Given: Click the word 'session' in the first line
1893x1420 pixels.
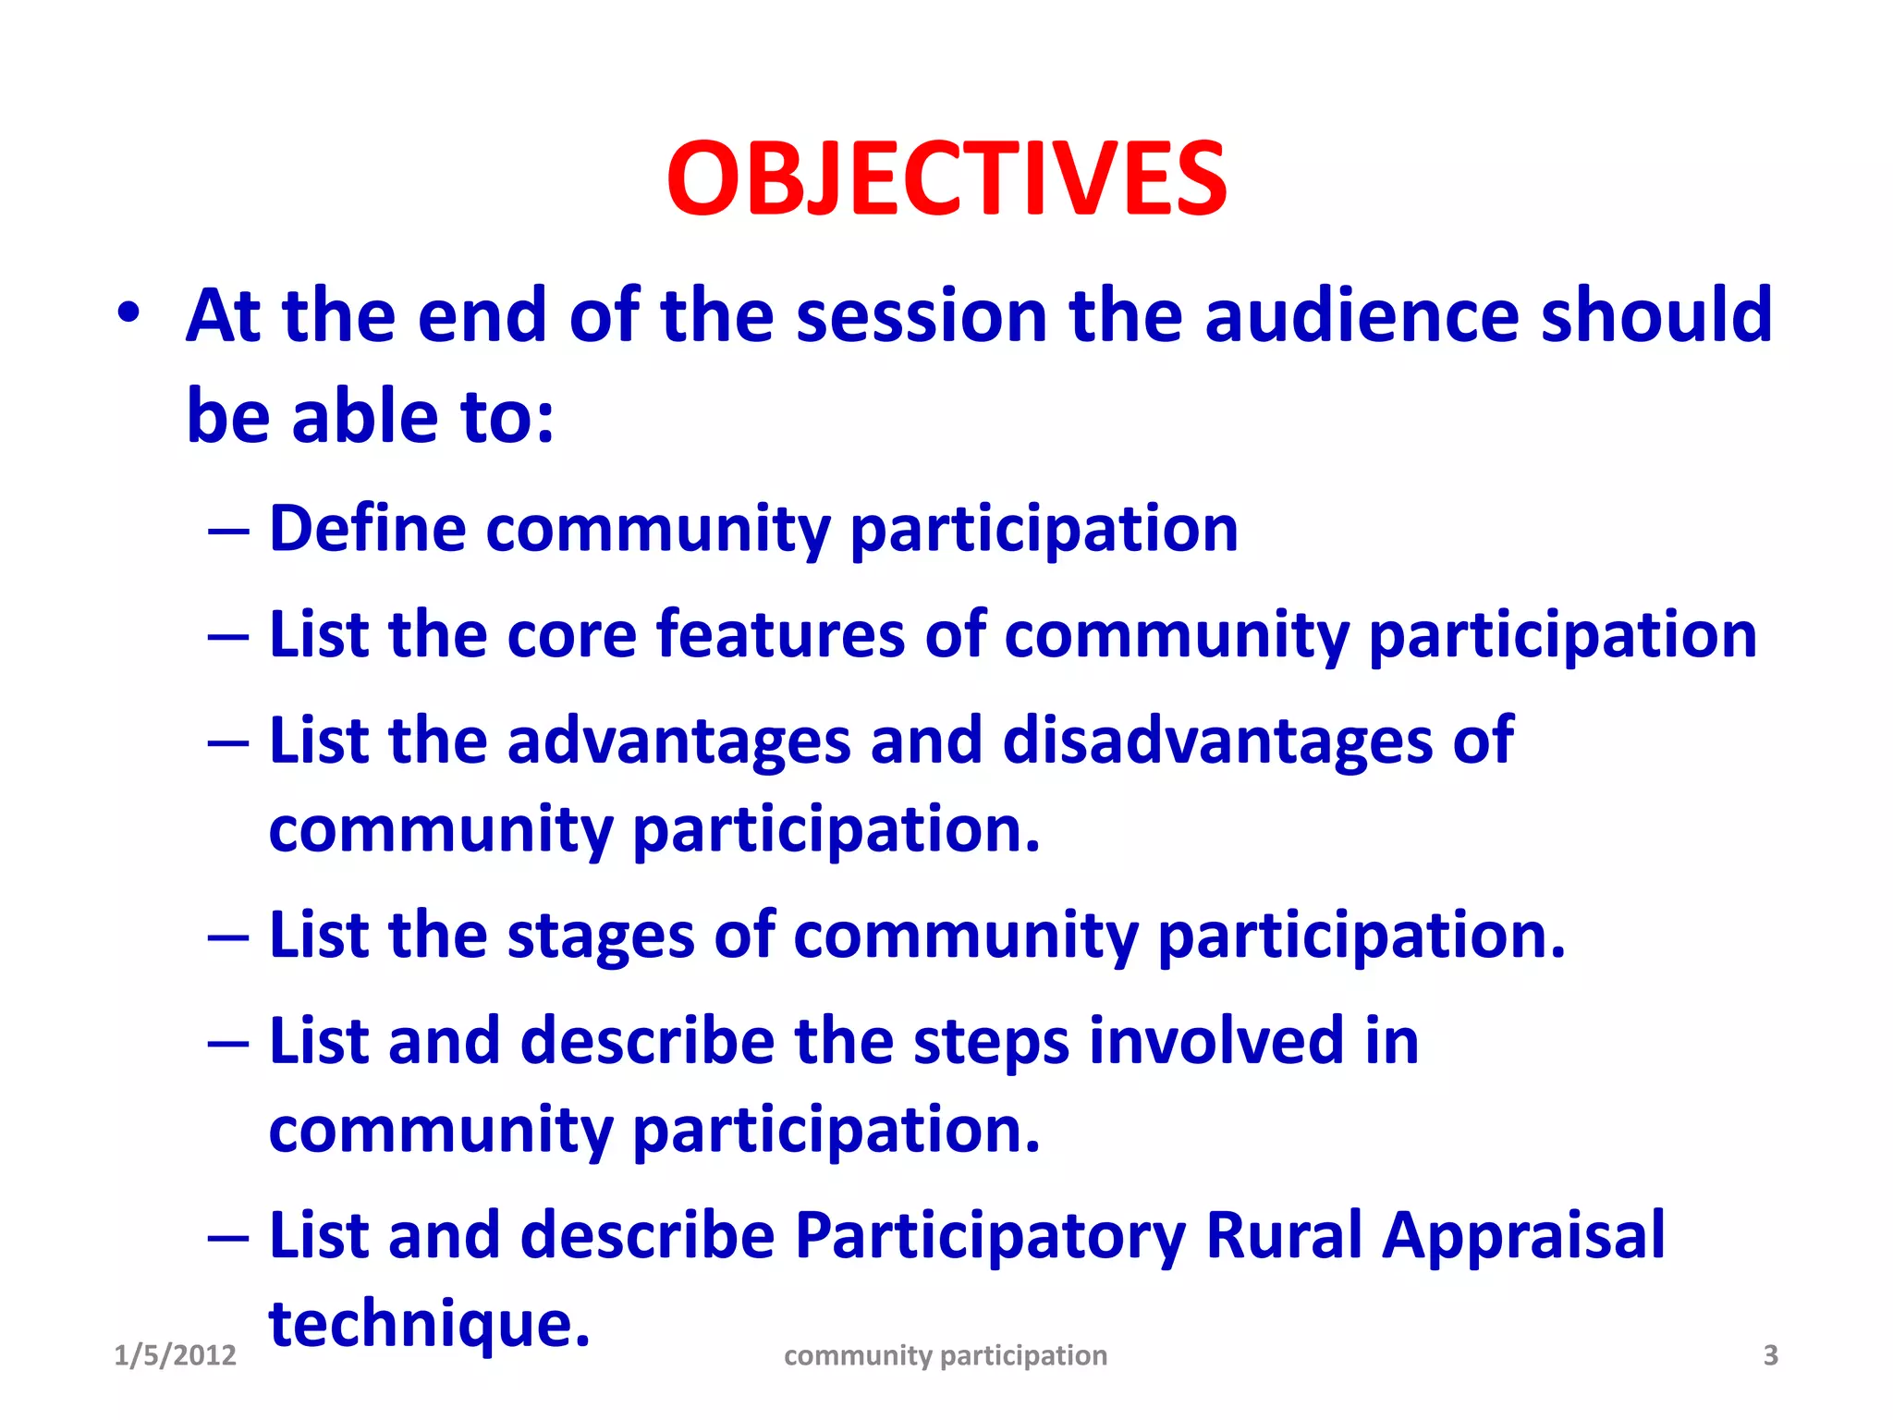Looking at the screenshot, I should [x=921, y=316].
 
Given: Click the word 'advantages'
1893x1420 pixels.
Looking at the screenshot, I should [x=678, y=742].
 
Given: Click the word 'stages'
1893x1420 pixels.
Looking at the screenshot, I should [x=601, y=936].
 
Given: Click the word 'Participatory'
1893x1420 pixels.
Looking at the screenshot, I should [x=989, y=1237].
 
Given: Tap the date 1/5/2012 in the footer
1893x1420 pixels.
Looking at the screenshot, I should [x=175, y=1355].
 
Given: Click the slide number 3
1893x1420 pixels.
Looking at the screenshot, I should [x=1770, y=1355].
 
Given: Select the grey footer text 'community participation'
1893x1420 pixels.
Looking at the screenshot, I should [x=946, y=1356].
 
